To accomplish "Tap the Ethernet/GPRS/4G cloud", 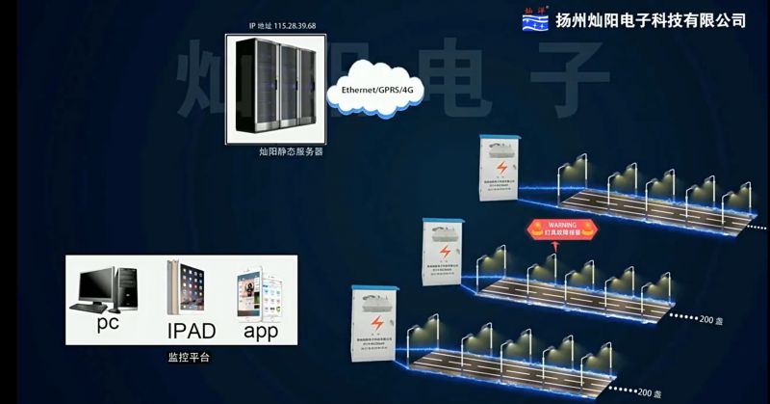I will tap(377, 89).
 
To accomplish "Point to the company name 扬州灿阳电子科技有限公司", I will tap(652, 20).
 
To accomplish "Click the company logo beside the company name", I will tap(535, 18).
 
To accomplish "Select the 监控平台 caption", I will tap(182, 357).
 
